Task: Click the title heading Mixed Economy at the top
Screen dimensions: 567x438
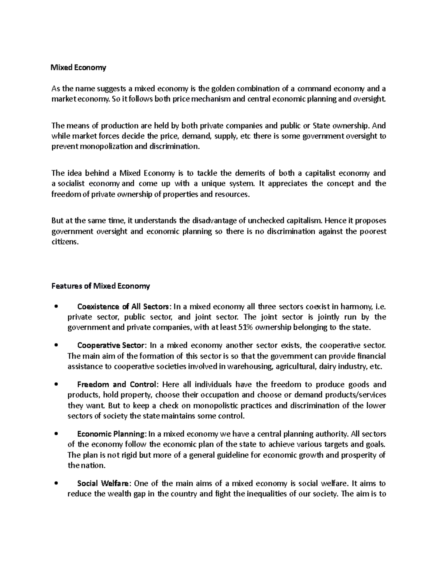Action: pyautogui.click(x=78, y=68)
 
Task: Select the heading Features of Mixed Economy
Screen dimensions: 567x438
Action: pyautogui.click(x=100, y=286)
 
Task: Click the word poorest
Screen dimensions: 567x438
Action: pyautogui.click(x=371, y=231)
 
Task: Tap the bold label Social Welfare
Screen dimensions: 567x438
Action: pyautogui.click(x=103, y=484)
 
